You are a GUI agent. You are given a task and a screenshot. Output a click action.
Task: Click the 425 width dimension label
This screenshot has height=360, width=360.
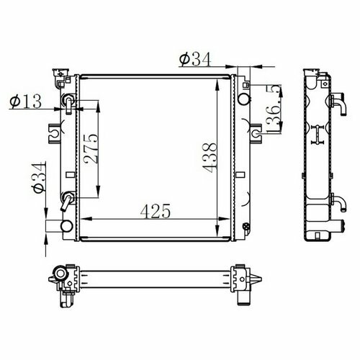156,211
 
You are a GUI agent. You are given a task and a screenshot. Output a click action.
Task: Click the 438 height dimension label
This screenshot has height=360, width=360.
210,158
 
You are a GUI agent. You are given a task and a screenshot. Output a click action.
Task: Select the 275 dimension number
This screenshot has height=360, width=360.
91,149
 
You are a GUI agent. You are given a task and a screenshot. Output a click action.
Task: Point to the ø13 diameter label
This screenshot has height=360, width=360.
25,101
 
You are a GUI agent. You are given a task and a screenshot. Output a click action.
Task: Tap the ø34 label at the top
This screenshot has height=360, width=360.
195,59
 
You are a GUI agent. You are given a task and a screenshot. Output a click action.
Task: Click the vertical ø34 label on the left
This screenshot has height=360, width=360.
39,177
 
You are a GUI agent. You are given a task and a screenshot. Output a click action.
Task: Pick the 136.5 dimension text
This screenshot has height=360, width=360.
274,109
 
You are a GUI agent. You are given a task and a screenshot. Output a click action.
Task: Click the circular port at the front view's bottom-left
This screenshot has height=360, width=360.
67,226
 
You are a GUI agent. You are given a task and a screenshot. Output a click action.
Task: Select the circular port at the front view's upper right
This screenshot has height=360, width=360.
243,99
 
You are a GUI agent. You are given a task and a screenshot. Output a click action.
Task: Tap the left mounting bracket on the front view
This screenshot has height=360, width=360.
55,134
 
